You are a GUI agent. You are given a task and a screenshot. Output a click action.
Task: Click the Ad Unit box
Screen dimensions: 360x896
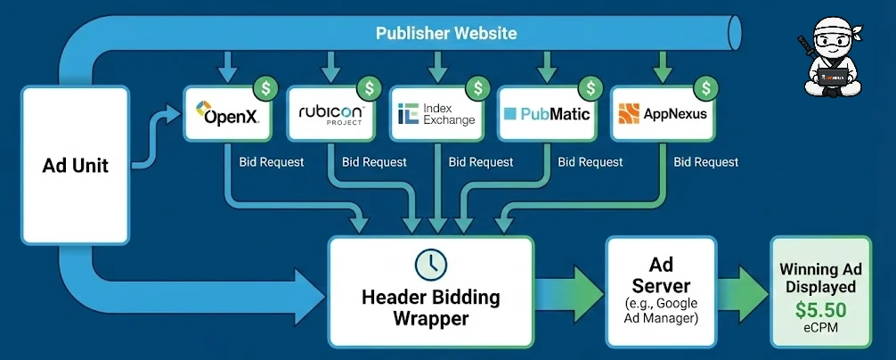tap(75, 166)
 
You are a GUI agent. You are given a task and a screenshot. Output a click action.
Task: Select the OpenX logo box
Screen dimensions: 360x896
tap(227, 114)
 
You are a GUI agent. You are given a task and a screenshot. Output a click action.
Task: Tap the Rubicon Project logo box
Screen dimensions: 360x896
tap(330, 114)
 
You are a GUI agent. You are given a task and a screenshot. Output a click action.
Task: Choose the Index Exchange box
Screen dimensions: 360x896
tap(436, 114)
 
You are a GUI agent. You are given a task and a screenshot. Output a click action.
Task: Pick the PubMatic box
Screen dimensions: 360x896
tap(546, 114)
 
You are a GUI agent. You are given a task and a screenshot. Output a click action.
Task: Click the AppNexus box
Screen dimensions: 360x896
tap(662, 114)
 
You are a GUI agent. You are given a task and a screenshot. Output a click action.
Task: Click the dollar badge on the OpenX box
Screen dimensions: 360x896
tap(265, 87)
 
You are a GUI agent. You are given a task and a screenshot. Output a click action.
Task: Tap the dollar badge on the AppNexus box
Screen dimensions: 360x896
tap(706, 87)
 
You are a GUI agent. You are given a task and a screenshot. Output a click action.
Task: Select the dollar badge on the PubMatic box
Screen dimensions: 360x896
tap(589, 87)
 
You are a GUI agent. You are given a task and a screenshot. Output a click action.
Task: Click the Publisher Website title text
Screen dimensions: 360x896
tap(445, 34)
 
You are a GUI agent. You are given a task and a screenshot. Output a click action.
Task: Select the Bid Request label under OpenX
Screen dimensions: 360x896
tap(272, 162)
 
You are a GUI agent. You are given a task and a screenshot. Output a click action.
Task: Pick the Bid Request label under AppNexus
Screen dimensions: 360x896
tap(705, 162)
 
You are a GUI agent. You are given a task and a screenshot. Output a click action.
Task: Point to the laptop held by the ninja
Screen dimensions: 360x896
tap(832, 78)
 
